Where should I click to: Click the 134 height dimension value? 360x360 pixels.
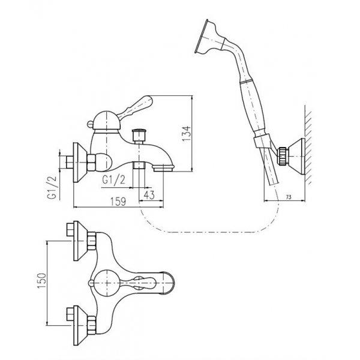(186, 134)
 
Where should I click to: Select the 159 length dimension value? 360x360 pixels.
(118, 202)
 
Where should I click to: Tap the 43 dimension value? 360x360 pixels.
(149, 195)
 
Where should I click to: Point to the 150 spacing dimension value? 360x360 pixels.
(41, 281)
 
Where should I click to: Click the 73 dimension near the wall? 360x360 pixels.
(289, 197)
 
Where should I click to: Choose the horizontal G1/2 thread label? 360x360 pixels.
(114, 180)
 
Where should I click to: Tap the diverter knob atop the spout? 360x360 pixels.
(139, 136)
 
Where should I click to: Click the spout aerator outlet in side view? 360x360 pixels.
(163, 168)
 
